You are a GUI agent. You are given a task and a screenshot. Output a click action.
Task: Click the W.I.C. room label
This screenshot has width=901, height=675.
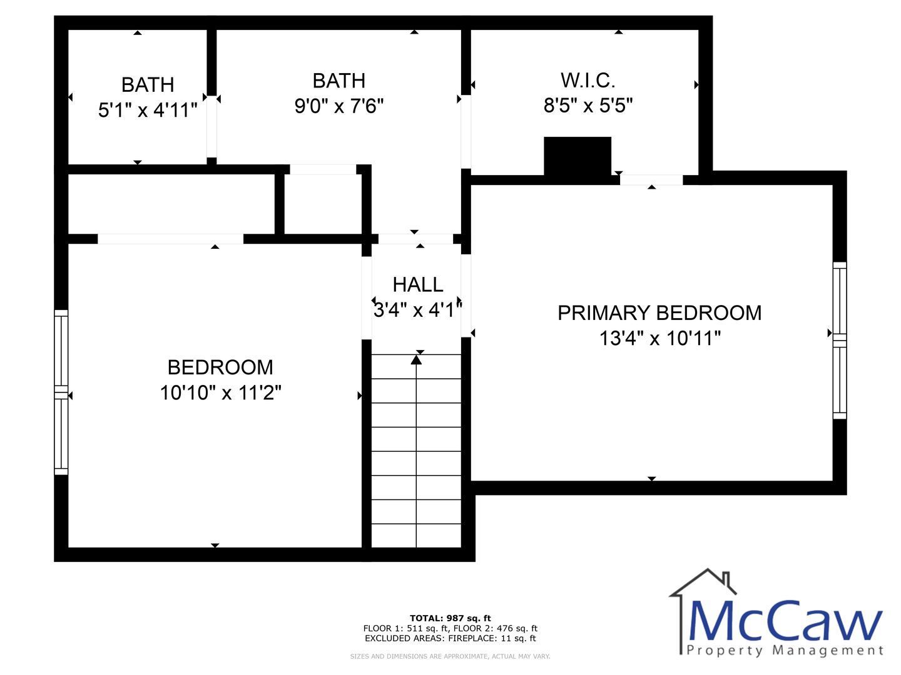pos(588,81)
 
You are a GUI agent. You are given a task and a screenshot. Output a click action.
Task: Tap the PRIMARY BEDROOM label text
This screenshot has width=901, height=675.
pos(659,313)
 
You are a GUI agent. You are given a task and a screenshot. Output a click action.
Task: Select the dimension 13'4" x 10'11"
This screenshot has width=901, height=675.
pos(660,339)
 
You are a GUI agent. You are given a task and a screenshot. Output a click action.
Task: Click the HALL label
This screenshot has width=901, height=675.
pos(418,285)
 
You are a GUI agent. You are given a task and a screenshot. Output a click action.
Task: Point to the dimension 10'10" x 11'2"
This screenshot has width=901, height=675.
pos(220,392)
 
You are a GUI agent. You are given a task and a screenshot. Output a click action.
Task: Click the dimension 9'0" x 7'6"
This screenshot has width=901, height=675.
pos(339,106)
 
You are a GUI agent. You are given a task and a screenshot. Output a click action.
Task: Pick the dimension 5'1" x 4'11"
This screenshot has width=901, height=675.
pos(148,110)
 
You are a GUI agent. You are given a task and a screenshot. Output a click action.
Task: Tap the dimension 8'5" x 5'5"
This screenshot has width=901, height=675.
pos(588,106)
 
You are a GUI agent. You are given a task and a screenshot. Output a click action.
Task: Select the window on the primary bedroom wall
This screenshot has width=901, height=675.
pos(840,341)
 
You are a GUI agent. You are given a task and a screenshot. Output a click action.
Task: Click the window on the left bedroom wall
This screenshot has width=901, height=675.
pos(61,392)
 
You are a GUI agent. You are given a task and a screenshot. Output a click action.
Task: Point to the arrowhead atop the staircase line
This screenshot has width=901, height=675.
pos(416,360)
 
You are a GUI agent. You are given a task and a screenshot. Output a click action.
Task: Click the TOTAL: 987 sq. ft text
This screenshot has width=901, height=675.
pos(450,619)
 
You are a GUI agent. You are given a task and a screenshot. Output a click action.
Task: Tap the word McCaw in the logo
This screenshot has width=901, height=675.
pos(785,621)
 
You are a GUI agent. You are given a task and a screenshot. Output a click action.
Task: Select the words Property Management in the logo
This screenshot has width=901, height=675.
pos(785,651)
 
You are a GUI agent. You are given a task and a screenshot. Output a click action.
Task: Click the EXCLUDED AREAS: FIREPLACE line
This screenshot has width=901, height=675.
pos(450,639)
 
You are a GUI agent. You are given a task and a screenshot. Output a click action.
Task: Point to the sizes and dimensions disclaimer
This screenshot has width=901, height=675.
pos(450,656)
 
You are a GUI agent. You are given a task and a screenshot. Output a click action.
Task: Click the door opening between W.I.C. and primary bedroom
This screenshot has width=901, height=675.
pos(651,180)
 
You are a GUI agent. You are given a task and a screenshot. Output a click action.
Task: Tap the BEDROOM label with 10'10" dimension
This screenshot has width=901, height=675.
pos(220,367)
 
